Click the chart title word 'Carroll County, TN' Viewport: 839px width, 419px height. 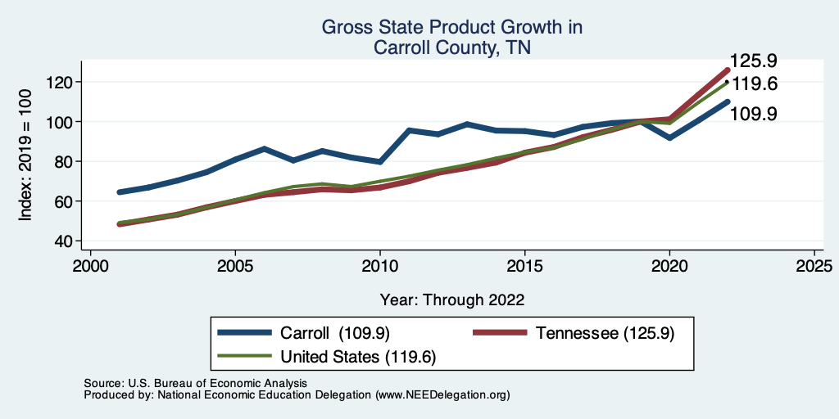pos(451,47)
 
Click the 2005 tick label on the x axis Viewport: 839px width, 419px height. pos(235,267)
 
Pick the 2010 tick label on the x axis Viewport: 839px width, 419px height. pos(380,267)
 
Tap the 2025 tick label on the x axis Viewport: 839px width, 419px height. pos(814,267)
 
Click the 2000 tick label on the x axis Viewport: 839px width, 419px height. pos(90,267)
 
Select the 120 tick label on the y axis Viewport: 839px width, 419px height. pos(61,82)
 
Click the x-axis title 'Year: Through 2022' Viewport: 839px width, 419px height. pos(451,299)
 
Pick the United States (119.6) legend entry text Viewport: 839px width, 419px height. pos(358,357)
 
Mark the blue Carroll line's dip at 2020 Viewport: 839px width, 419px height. pos(669,137)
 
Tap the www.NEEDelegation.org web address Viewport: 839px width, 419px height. pos(442,395)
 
